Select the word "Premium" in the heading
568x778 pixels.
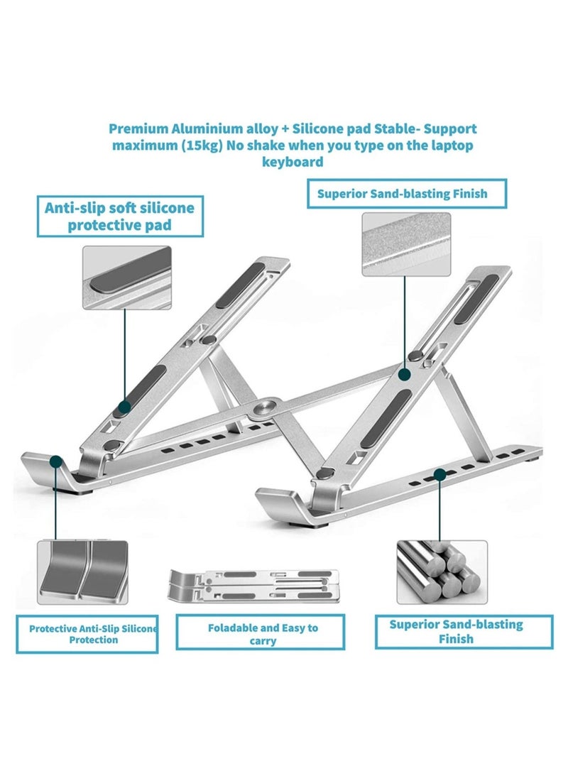[136, 129]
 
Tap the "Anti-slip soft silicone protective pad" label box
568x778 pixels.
[119, 217]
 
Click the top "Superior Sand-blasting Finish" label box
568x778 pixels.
[407, 194]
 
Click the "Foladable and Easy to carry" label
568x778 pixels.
[263, 634]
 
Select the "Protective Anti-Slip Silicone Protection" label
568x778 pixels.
[87, 634]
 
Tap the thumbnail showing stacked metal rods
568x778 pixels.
[441, 572]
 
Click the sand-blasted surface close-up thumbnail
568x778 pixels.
[406, 244]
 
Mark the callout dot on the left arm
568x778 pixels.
[125, 407]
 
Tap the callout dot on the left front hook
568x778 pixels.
[55, 462]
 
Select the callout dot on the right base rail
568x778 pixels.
[440, 473]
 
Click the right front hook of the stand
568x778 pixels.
[284, 503]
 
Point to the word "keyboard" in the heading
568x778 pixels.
[293, 162]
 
